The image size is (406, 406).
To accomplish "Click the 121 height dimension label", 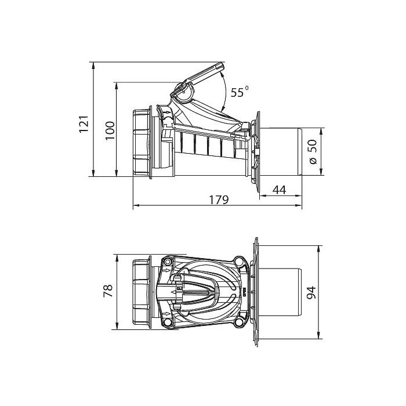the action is pos(84,124).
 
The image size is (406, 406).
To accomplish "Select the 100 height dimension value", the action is pos(110,130).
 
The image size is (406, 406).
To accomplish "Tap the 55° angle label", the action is pos(240,92).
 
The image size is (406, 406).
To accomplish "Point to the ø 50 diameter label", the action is pos(313,151).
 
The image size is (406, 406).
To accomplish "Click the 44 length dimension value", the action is pos(280,190).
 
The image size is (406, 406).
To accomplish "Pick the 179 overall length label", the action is pos(219,200).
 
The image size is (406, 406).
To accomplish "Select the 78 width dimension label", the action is pos(108,291).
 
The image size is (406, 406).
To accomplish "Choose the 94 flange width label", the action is pos(311,292).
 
